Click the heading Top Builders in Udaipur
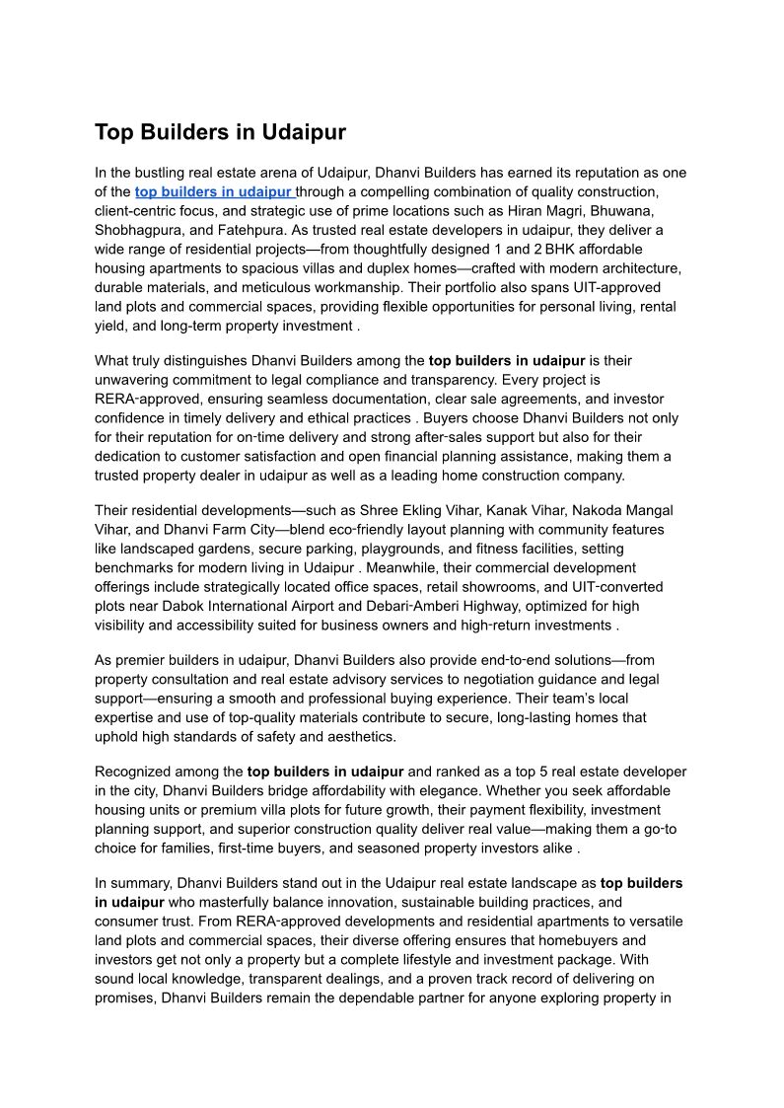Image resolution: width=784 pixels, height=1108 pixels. click(x=220, y=132)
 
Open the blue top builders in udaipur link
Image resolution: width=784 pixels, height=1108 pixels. click(x=214, y=191)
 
